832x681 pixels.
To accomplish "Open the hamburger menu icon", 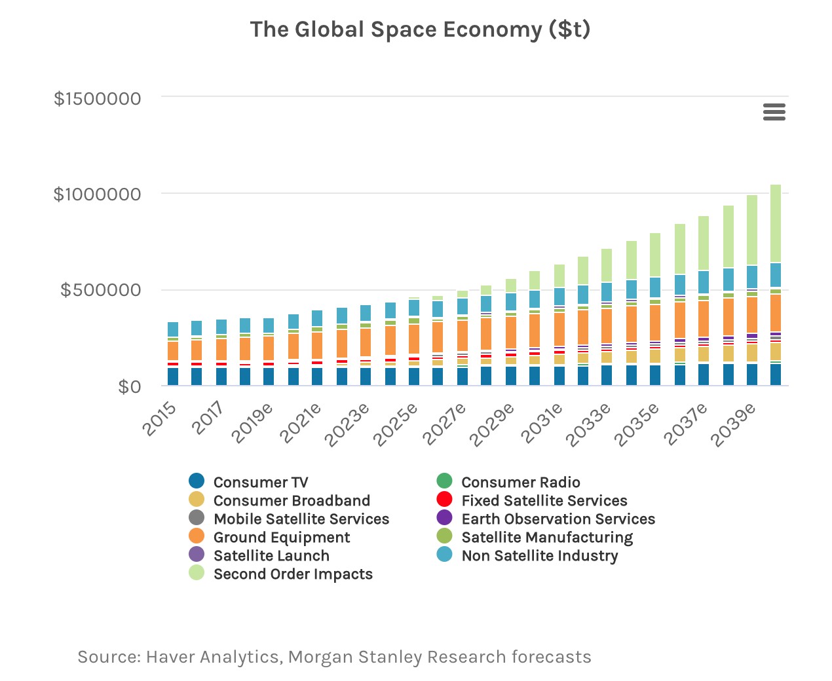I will (x=774, y=112).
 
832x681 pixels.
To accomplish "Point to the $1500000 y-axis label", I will (x=98, y=99).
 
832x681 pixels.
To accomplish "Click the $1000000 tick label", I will (x=98, y=194).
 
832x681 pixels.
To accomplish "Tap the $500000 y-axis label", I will (x=101, y=290).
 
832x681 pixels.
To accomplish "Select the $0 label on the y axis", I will (x=129, y=386).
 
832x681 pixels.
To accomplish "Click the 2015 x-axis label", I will (x=161, y=418).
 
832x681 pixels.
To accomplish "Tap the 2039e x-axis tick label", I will (x=734, y=424).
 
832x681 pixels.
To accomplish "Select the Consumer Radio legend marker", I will (x=445, y=481).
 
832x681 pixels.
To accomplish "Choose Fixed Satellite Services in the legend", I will (x=544, y=501).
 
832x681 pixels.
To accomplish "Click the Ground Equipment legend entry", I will (x=281, y=538).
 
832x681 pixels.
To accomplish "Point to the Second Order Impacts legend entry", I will (x=292, y=574).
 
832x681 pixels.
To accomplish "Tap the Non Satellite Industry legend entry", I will (x=539, y=556).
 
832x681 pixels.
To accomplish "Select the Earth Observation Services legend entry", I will (x=558, y=519).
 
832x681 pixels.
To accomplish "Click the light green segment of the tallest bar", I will (x=776, y=223).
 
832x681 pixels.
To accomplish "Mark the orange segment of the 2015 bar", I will (x=173, y=350).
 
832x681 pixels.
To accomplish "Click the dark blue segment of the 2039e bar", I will (x=752, y=374).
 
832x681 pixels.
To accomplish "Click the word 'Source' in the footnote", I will (x=107, y=657).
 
